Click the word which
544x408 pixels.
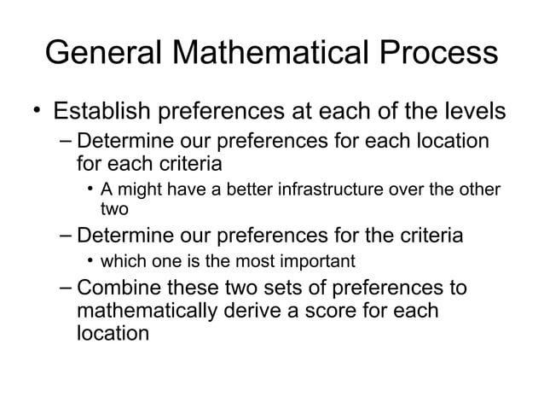click(x=121, y=259)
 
